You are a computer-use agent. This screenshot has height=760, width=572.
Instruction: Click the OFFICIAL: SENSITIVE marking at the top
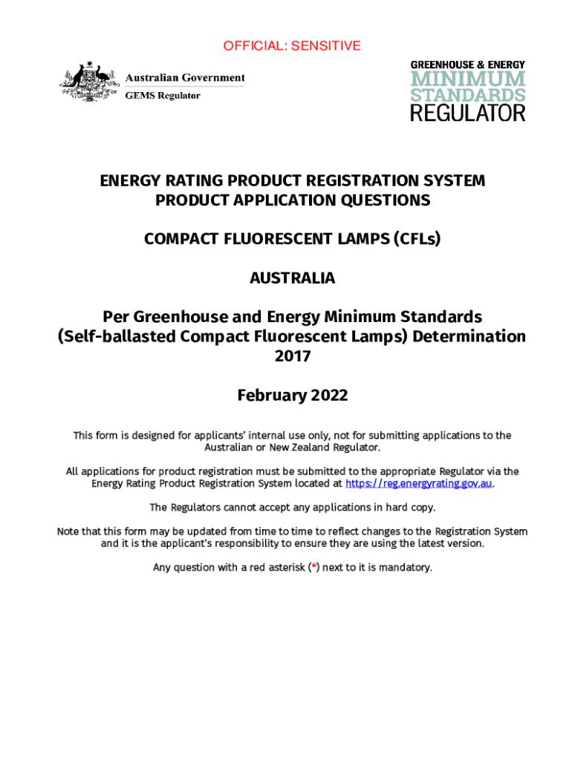pos(292,46)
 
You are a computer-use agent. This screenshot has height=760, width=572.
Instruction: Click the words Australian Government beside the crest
pos(184,78)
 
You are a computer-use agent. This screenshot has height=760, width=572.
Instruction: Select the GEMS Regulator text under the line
pos(162,96)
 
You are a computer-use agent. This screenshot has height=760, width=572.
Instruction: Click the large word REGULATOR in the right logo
pos(468,114)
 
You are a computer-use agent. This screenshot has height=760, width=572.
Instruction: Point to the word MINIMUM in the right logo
pos(468,79)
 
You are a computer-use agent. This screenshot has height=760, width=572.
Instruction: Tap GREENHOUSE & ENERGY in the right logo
pos(468,65)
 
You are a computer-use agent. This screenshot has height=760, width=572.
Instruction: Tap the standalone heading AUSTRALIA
pos(292,278)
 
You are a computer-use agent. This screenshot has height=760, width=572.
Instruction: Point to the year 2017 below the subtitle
pos(292,356)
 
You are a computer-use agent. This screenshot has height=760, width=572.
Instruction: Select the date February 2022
pos(292,396)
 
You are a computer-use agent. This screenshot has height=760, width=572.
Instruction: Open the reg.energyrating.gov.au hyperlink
pos(419,483)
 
